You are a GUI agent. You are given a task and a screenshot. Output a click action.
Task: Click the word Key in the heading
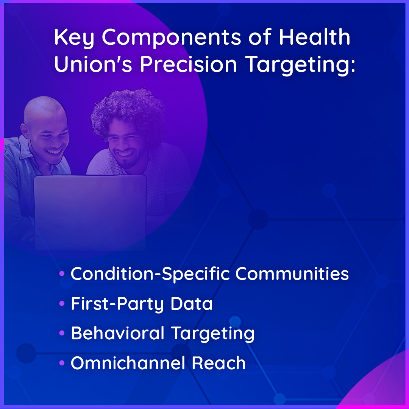[74, 38]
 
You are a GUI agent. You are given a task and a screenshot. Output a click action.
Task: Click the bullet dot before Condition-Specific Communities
[62, 274]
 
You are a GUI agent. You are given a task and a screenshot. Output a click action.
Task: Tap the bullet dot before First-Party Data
[62, 303]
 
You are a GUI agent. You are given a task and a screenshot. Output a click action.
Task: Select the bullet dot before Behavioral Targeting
[62, 333]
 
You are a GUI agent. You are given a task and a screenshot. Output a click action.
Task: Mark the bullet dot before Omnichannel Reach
[62, 363]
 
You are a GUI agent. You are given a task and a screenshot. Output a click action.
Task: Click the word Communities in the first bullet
[292, 274]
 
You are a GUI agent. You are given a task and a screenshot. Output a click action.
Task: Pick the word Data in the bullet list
[192, 303]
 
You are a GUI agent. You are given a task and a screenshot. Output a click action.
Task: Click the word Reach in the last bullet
[219, 363]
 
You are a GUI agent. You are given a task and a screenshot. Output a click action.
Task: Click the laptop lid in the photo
[90, 212]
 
